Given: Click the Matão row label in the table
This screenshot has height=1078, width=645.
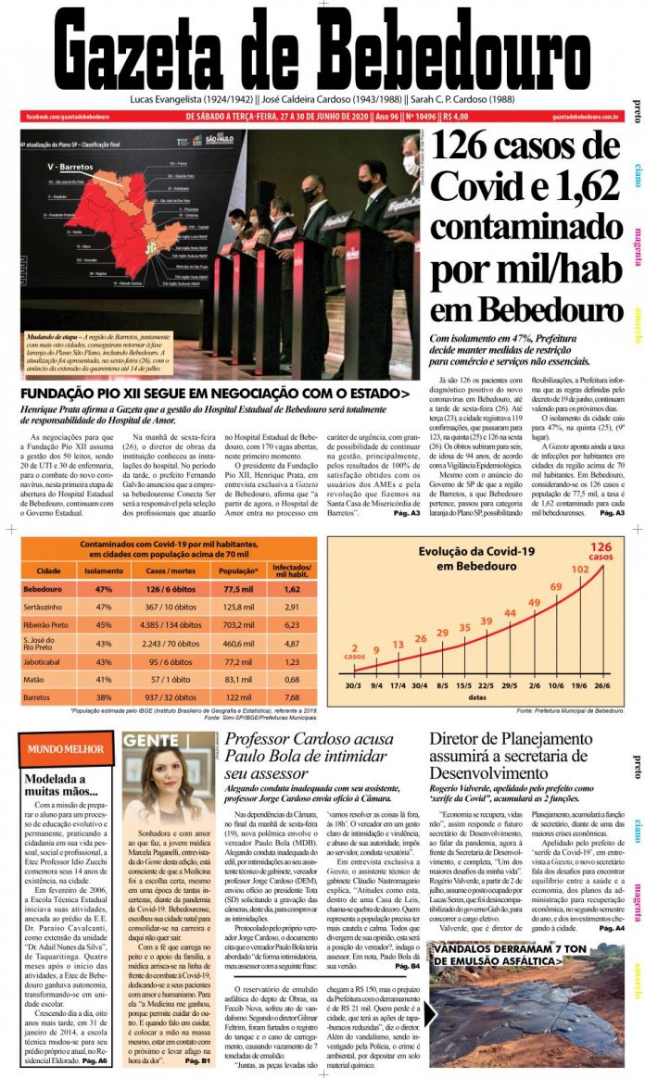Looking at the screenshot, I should pyautogui.click(x=36, y=678).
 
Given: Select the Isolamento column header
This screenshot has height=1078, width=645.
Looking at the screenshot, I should pyautogui.click(x=104, y=570).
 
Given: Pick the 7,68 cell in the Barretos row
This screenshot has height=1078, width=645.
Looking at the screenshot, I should pyautogui.click(x=292, y=696).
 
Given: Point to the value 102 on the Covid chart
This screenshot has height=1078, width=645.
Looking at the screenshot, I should pyautogui.click(x=579, y=570).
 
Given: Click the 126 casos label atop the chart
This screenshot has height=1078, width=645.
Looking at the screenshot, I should pyautogui.click(x=601, y=551).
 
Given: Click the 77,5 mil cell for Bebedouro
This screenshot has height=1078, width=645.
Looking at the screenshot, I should pyautogui.click(x=239, y=589).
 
